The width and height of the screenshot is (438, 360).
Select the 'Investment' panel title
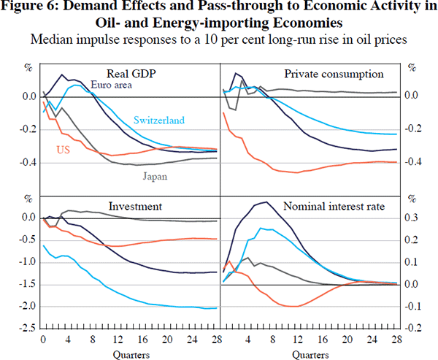coord(135,206)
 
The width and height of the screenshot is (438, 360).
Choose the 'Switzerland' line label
coord(158,120)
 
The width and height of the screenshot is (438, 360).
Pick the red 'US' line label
coord(64,149)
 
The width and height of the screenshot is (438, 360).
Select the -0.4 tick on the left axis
coord(28,161)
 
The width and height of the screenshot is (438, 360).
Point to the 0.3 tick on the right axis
coord(412,218)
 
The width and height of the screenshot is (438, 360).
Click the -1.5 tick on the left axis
coord(28,284)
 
